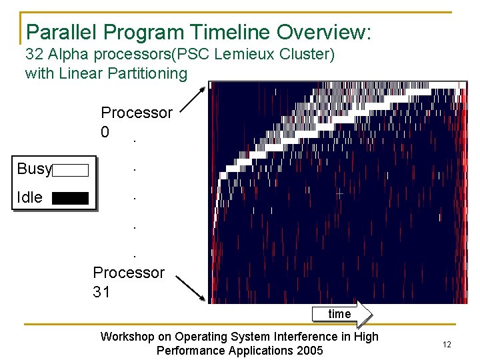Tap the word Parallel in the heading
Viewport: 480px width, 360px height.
point(57,31)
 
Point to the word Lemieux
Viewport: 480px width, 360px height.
point(249,54)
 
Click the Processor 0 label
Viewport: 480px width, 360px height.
point(136,122)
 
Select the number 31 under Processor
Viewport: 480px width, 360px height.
point(101,292)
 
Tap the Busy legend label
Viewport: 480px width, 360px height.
point(34,169)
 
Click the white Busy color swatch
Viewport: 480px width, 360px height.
point(71,170)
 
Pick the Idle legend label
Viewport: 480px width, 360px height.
point(29,197)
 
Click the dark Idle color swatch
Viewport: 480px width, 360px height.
point(71,198)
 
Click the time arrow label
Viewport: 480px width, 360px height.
point(339,314)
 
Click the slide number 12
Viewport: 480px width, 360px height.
point(447,344)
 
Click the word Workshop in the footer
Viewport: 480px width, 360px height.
point(127,337)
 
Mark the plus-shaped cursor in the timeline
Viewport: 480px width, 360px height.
point(339,194)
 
